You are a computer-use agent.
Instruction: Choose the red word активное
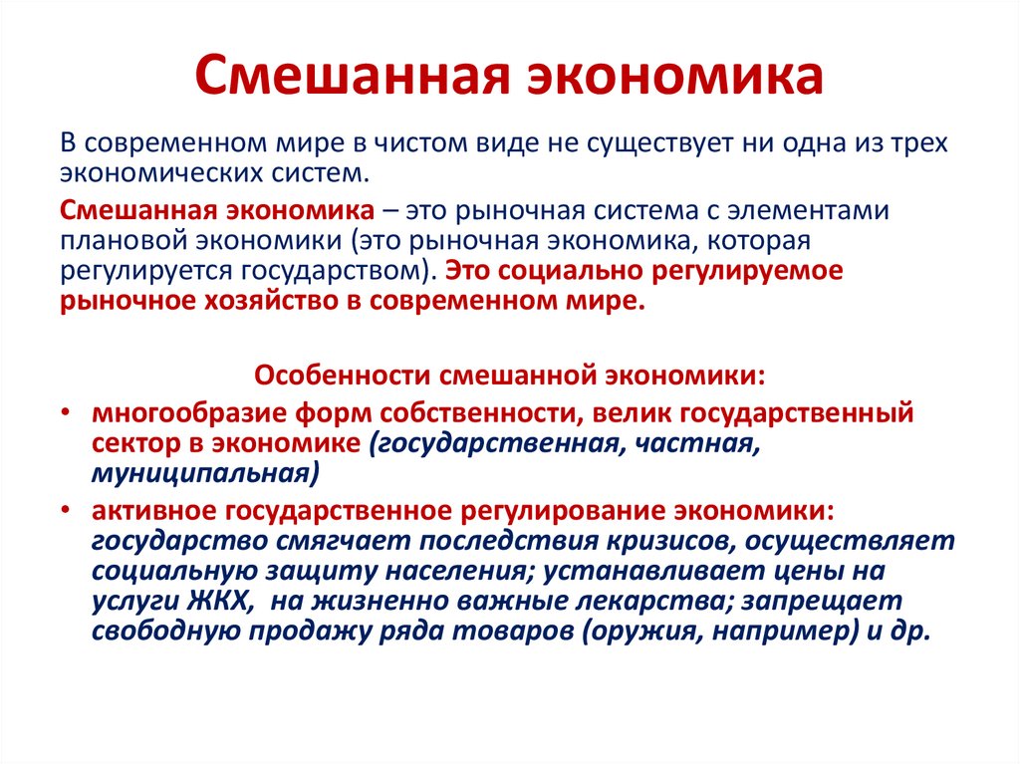coord(153,510)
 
